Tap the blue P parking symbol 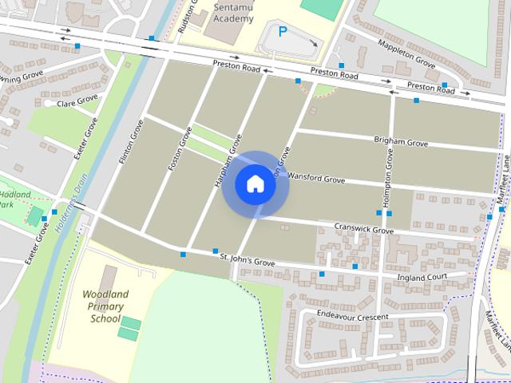coord(282,33)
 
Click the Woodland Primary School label coord(105,306)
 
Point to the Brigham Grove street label coord(401,140)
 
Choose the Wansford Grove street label coord(316,179)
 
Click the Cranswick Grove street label coord(363,229)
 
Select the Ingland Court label coord(424,277)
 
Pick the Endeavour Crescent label coord(352,316)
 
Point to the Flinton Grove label coord(131,143)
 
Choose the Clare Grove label coord(77,100)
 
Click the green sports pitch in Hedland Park coord(34,215)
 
